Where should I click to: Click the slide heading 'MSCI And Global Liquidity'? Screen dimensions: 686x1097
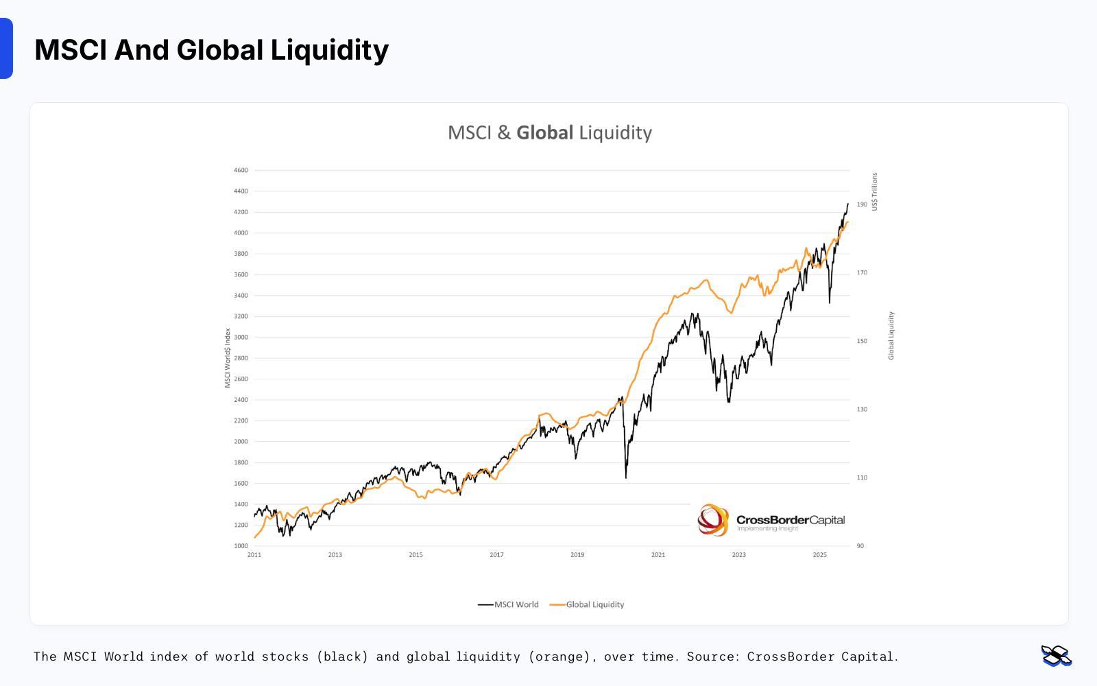[211, 50]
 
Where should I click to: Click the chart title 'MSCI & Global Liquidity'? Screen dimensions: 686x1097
[549, 132]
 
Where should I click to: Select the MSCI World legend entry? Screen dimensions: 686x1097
[509, 604]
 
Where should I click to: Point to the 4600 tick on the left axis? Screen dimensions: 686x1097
[241, 170]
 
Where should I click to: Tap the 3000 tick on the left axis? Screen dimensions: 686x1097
[241, 338]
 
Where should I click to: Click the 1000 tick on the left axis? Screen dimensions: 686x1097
[241, 546]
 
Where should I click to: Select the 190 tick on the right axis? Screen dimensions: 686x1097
[862, 204]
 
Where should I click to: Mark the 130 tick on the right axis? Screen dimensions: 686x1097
[862, 410]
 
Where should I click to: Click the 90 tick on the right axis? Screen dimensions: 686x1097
[860, 546]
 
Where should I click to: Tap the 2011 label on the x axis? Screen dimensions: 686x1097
[254, 555]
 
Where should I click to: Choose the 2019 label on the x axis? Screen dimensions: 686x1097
[577, 555]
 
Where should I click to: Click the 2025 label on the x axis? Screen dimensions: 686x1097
[819, 555]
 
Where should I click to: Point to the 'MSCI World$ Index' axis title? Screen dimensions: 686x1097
[228, 358]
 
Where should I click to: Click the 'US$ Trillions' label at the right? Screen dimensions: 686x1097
[875, 191]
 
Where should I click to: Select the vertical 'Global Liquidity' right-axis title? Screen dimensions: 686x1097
[891, 335]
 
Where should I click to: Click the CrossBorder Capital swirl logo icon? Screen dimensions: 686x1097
[713, 520]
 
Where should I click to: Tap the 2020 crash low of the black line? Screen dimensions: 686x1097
[626, 477]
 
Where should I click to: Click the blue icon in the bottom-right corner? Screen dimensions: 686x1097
[1056, 656]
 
